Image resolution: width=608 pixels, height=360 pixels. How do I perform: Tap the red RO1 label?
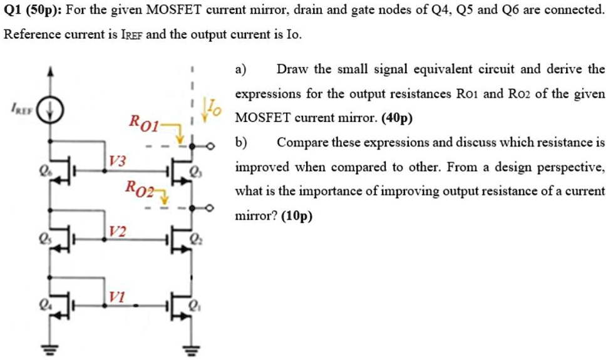(x=143, y=121)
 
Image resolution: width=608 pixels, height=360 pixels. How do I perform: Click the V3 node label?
(x=117, y=160)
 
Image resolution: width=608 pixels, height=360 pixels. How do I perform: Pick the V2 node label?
(x=117, y=231)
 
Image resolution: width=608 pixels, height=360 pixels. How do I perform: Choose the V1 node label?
(x=117, y=296)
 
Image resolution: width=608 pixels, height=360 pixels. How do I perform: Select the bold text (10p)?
(x=297, y=215)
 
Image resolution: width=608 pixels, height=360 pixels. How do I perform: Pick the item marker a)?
(x=241, y=69)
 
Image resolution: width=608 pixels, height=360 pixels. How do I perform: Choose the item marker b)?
(x=242, y=142)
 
